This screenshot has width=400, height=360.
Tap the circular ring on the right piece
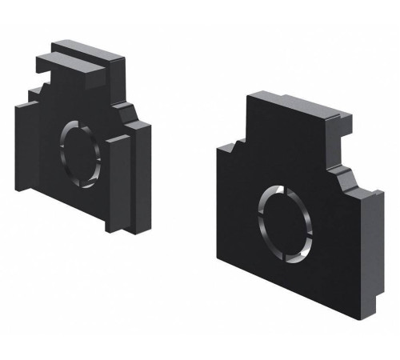(x=262, y=218)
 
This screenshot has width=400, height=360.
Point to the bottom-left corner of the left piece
(x=18, y=188)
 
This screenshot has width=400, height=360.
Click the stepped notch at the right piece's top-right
(x=339, y=128)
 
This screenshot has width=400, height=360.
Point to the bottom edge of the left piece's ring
(x=78, y=171)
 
